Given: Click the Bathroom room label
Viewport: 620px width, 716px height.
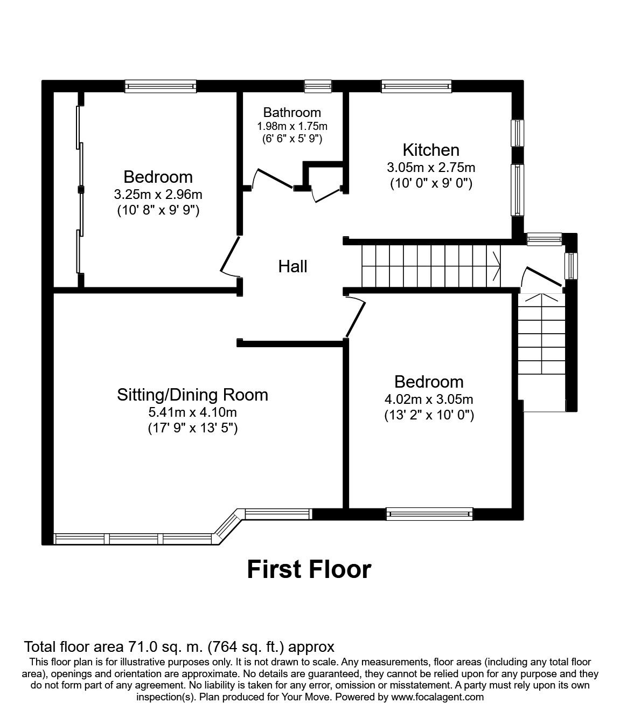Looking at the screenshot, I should pyautogui.click(x=292, y=113).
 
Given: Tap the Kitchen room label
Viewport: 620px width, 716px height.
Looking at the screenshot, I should pyautogui.click(x=431, y=150).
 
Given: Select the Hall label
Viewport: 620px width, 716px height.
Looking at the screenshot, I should pyautogui.click(x=292, y=266).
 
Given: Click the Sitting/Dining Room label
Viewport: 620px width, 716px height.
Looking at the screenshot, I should pyautogui.click(x=192, y=395).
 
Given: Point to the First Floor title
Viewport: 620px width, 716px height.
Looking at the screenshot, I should pyautogui.click(x=309, y=569).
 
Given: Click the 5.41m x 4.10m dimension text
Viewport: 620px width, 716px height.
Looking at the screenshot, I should pyautogui.click(x=192, y=412).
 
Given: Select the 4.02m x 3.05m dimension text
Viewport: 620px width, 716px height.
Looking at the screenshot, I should pyautogui.click(x=429, y=400).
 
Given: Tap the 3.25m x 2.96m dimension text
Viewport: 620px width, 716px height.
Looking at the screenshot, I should pyautogui.click(x=158, y=194).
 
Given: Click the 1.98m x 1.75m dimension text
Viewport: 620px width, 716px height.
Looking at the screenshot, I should pyautogui.click(x=292, y=126).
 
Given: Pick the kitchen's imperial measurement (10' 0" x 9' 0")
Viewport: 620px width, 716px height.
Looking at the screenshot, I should pyautogui.click(x=431, y=183).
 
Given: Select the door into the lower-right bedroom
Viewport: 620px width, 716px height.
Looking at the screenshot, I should pyautogui.click(x=356, y=318).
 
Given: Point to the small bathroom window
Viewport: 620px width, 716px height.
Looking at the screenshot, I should pyautogui.click(x=318, y=86).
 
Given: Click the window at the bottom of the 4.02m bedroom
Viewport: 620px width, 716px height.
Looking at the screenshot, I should pyautogui.click(x=429, y=514).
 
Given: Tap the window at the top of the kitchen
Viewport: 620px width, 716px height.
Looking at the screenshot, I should pyautogui.click(x=416, y=86).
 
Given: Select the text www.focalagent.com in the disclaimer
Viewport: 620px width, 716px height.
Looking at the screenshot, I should pyautogui.click(x=437, y=697).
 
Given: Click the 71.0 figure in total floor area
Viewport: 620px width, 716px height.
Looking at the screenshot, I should pyautogui.click(x=142, y=646).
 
